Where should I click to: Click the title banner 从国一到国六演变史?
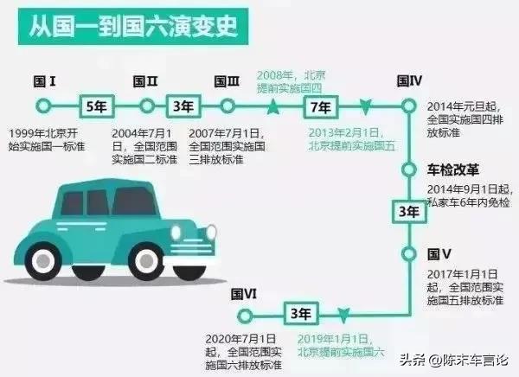pos(133,27)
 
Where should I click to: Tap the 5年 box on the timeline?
pos(97,106)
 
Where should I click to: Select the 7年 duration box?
pos(321,107)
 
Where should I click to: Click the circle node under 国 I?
pos(43,105)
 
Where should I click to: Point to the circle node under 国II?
pos(147,105)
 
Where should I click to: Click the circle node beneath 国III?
pos(227,105)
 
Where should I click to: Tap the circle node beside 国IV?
pos(409,106)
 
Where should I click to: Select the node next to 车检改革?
pos(409,169)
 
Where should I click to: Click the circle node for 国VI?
pos(245,316)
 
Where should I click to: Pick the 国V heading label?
pos(439,254)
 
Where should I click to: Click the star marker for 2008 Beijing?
pos(272,106)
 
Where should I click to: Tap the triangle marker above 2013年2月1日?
pos(365,107)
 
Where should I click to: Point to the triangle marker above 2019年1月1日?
pos(343,316)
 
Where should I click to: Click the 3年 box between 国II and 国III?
pos(183,106)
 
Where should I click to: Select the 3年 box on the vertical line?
pos(409,212)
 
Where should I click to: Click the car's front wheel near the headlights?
pos(146,261)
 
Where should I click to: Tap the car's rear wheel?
pos(43,261)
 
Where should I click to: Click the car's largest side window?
pos(134,201)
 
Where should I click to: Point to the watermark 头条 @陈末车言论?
pos(453,360)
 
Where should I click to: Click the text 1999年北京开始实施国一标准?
pos(47,140)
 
